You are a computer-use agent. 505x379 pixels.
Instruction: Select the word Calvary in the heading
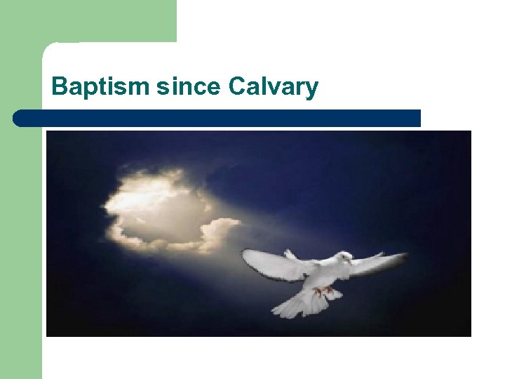tap(273, 87)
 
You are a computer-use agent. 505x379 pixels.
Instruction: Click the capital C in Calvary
tap(236, 87)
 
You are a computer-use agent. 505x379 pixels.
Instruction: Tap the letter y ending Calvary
tap(311, 90)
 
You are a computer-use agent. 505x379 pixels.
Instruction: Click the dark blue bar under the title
tap(217, 118)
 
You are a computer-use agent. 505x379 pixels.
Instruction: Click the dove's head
tap(344, 259)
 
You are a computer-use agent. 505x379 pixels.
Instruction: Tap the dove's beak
tap(351, 262)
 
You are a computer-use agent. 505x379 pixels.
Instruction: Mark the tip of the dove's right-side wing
tap(405, 255)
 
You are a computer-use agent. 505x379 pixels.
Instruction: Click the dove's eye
tap(346, 258)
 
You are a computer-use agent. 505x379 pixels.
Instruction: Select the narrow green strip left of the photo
tap(21, 246)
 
